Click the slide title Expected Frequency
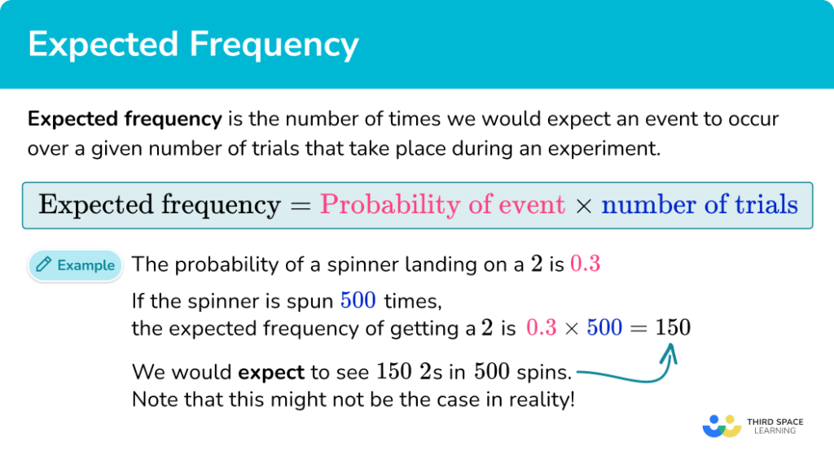(x=193, y=44)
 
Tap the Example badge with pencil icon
(x=75, y=265)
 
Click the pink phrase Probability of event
(x=442, y=204)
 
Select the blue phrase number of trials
(x=699, y=204)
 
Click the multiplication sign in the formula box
(x=582, y=205)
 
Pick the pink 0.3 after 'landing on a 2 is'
(x=585, y=265)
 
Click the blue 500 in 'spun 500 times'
(x=358, y=301)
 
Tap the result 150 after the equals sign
(x=673, y=328)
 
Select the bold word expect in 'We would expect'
(x=271, y=374)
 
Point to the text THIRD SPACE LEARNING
(x=775, y=426)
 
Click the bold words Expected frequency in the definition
(x=125, y=120)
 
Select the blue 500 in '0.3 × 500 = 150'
(x=604, y=328)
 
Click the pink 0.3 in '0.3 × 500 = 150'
(x=542, y=328)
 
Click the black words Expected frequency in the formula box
(x=160, y=204)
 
